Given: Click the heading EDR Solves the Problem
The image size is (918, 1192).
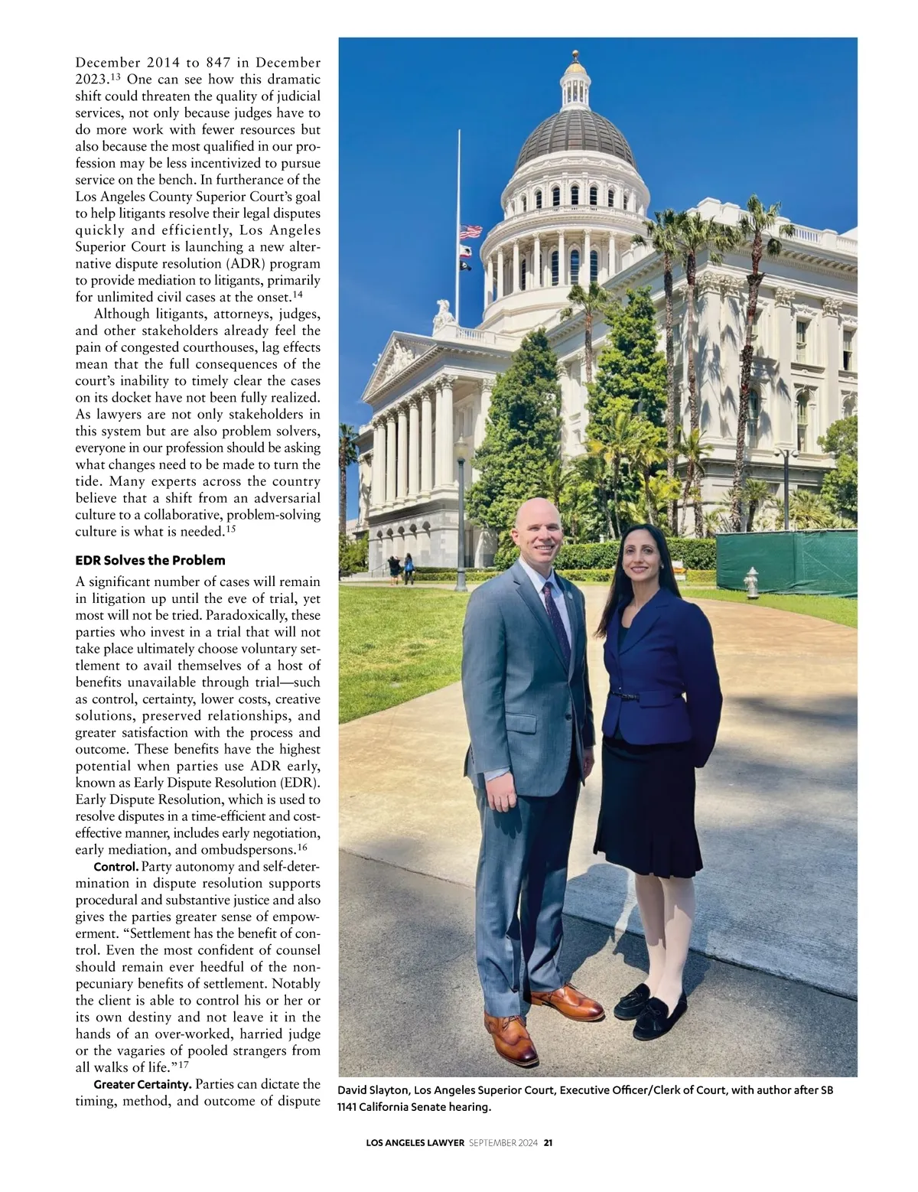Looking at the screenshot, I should click(150, 560).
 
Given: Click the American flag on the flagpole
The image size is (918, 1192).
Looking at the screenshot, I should click(471, 231).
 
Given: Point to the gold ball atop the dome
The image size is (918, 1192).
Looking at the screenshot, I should click(575, 54).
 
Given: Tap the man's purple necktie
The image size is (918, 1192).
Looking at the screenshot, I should click(556, 620).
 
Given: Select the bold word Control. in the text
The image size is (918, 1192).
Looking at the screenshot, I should click(116, 867).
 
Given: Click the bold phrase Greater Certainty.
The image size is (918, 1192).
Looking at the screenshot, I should click(142, 1084).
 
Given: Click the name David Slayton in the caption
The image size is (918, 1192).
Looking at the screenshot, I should click(373, 1090).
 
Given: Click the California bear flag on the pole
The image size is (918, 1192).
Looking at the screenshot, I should click(464, 251).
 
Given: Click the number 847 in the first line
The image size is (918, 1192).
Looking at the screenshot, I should click(219, 63).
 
